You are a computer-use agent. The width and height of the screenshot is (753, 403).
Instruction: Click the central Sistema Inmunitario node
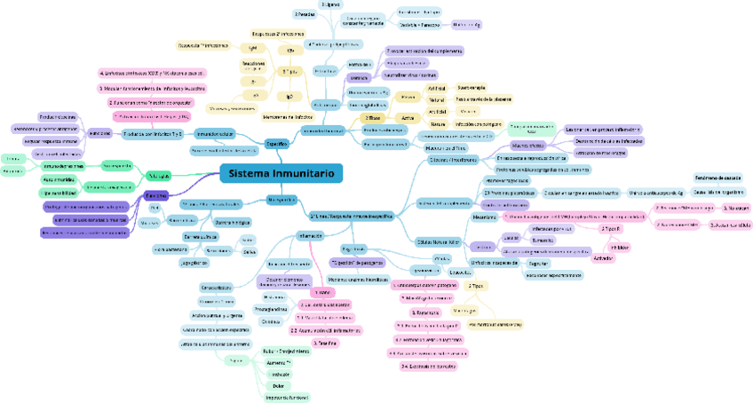(x=281, y=174)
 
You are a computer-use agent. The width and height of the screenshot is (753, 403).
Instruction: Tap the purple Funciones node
(x=156, y=194)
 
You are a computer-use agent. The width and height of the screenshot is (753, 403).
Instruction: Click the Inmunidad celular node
(x=216, y=133)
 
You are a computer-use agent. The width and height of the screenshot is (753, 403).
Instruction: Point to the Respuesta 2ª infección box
(x=278, y=34)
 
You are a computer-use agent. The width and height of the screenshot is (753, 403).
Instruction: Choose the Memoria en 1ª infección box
(x=287, y=116)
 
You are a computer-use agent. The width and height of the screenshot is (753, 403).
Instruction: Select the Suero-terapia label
(x=472, y=88)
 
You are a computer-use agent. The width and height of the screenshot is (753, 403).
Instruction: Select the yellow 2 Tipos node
(x=476, y=286)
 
